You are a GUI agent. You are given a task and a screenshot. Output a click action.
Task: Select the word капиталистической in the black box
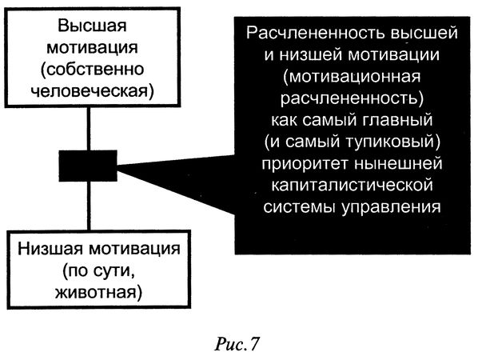click(349, 185)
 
